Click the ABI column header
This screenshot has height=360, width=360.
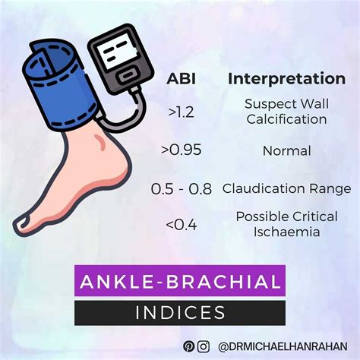point(181,79)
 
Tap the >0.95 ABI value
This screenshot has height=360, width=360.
point(182,150)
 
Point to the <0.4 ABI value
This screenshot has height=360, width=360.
point(181,223)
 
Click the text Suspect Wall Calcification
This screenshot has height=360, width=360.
point(286,112)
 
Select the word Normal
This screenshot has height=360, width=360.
point(286,150)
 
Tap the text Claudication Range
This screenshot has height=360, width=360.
point(286,188)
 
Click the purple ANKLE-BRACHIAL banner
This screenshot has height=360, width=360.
point(180,282)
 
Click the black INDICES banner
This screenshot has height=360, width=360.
point(180,312)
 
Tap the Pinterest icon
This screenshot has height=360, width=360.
point(188,346)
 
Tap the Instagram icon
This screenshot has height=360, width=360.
point(204,346)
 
